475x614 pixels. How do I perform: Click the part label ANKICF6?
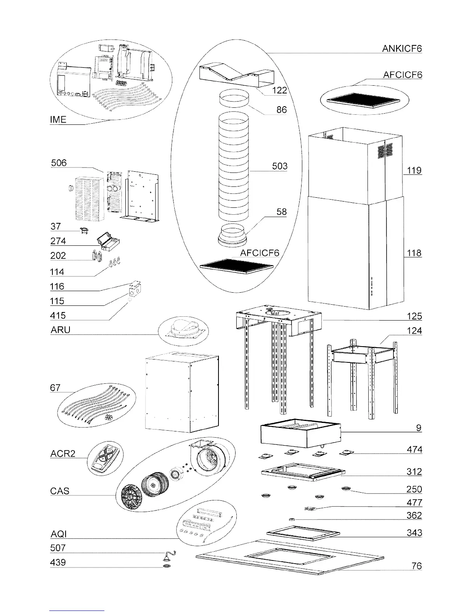[402, 48]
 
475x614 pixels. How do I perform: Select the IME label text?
[58, 120]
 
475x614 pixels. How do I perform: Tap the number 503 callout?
[279, 166]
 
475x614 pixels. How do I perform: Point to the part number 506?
[59, 163]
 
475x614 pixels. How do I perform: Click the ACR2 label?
[62, 454]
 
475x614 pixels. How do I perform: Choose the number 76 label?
[416, 566]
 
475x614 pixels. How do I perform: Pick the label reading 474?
[414, 450]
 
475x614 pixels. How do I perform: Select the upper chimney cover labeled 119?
[355, 167]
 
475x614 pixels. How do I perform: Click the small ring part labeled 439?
[167, 566]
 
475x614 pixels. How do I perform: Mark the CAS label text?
[60, 491]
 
